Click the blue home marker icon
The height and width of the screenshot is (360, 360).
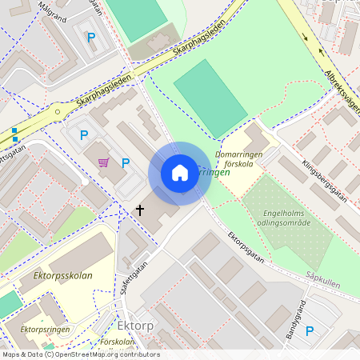pyautogui.click(x=180, y=173)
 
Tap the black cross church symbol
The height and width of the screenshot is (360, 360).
pyautogui.click(x=140, y=210)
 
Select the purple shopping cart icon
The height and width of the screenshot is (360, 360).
pyautogui.click(x=103, y=162)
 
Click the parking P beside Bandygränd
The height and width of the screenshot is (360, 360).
pyautogui.click(x=310, y=330)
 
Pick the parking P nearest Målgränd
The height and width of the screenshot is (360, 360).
pyautogui.click(x=90, y=37)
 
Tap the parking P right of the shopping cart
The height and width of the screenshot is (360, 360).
pyautogui.click(x=126, y=162)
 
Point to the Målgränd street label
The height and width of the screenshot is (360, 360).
pyautogui.click(x=53, y=16)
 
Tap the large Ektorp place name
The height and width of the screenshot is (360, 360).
pyautogui.click(x=134, y=326)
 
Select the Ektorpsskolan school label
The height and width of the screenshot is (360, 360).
pyautogui.click(x=63, y=275)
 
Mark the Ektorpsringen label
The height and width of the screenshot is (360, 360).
pyautogui.click(x=46, y=329)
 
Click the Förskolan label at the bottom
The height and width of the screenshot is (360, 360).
pyautogui.click(x=119, y=342)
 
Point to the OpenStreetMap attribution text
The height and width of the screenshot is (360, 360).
pyautogui.click(x=80, y=354)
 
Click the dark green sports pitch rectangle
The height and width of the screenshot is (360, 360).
pyautogui.click(x=210, y=97)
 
